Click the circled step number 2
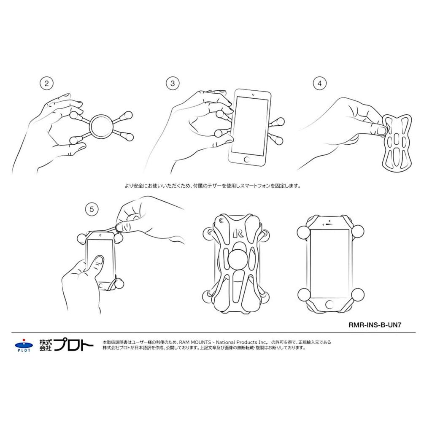pos(46,84)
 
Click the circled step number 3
pos(172,84)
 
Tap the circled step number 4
pos(319,84)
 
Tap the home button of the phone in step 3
pos(247,160)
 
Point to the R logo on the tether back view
pos(238,233)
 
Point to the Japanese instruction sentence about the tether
pos(213,185)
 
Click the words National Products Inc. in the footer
pos(243,342)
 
